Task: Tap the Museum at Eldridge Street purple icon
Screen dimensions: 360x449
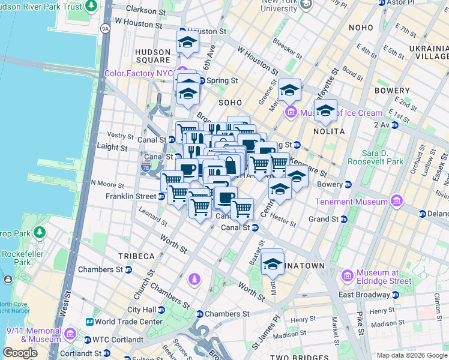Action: pos(347,275)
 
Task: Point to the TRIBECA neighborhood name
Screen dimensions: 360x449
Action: pos(136,256)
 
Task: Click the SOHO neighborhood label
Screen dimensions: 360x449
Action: pos(230,103)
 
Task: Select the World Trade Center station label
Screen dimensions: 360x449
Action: pos(128,322)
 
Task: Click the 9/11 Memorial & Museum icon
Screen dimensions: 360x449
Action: pos(70,333)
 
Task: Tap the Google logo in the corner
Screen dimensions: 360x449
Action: pos(20,353)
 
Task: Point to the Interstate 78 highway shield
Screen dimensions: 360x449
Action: pos(146,166)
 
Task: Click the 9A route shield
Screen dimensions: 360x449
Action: pos(106,28)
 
